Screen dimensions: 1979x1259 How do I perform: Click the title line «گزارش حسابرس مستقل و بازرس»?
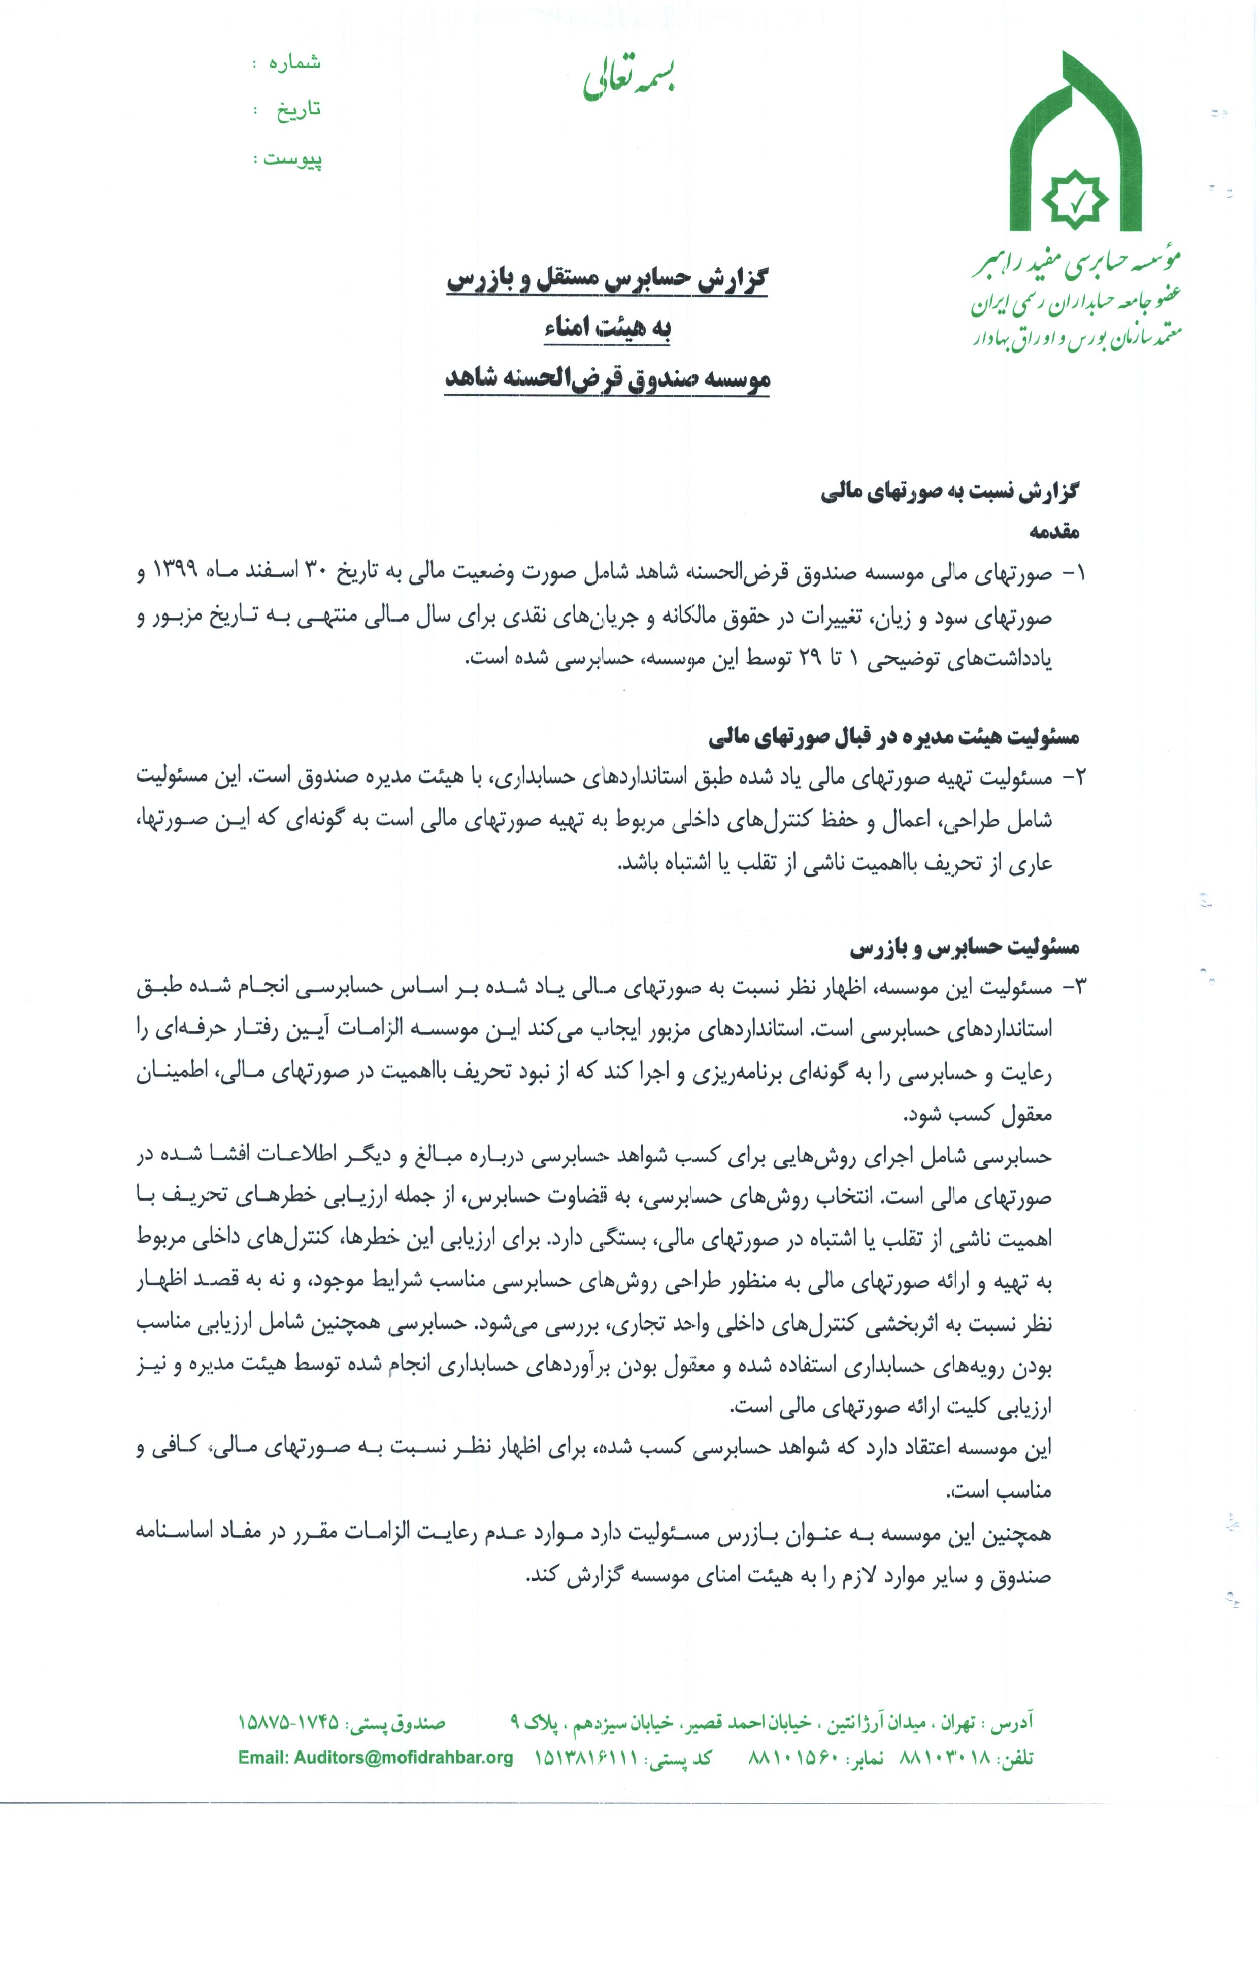(607, 279)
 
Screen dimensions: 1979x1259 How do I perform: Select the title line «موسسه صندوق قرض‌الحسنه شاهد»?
(607, 379)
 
